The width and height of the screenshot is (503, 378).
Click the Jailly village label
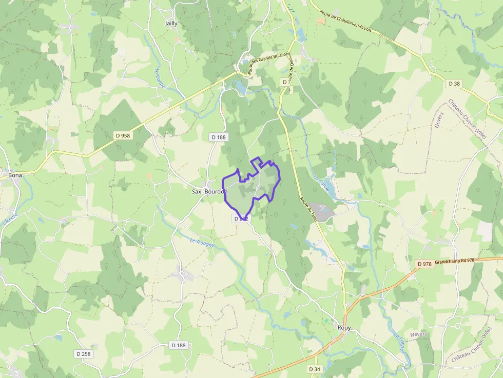click(171, 24)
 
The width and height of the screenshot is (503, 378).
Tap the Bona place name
click(15, 175)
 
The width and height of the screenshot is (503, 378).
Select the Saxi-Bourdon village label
click(209, 191)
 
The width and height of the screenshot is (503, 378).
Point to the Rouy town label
click(344, 327)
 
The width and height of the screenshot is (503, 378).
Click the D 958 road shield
click(122, 135)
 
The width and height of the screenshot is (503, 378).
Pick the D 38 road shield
click(454, 83)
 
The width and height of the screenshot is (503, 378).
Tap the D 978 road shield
click(424, 264)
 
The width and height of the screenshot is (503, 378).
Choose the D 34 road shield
click(315, 369)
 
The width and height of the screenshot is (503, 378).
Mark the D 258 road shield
click(83, 354)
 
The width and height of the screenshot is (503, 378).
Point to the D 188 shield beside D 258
click(179, 345)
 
